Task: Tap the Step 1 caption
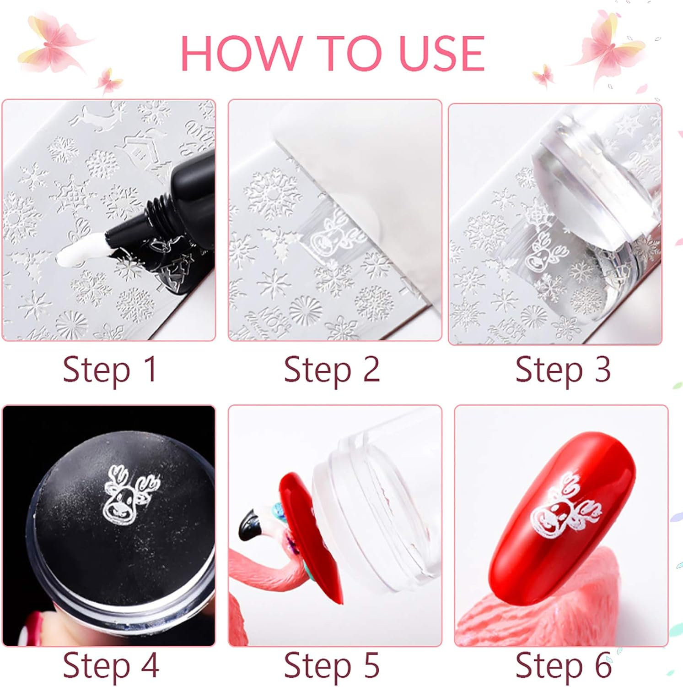(x=110, y=370)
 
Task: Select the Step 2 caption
(x=332, y=370)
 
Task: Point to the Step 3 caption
(x=563, y=370)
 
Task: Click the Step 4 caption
(x=111, y=665)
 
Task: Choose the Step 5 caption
(x=332, y=665)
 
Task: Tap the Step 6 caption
(x=564, y=665)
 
